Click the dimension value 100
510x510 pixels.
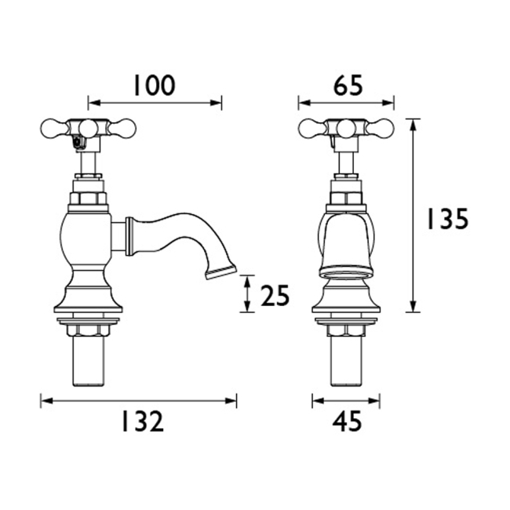pos(154,84)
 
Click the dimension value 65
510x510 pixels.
pos(347,84)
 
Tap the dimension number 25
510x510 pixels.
pos(274,295)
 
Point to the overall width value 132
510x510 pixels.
pos(142,421)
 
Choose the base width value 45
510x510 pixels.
pos(347,421)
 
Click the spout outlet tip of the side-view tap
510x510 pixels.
pos(221,273)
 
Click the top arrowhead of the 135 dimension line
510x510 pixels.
pos(413,122)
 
